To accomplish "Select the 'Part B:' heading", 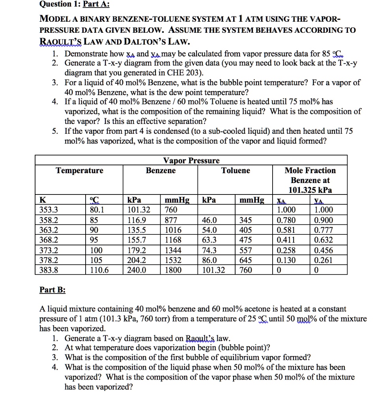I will click(52, 290).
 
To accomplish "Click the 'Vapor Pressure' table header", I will click(191, 161).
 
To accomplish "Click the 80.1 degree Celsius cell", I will click(96, 210).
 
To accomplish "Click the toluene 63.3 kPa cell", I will click(209, 240).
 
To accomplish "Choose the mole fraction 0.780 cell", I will click(285, 220).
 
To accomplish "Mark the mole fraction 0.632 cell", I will click(323, 240).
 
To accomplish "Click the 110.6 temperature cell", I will click(99, 270).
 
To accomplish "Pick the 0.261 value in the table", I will click(323, 260).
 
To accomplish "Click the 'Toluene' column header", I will click(235, 170).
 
